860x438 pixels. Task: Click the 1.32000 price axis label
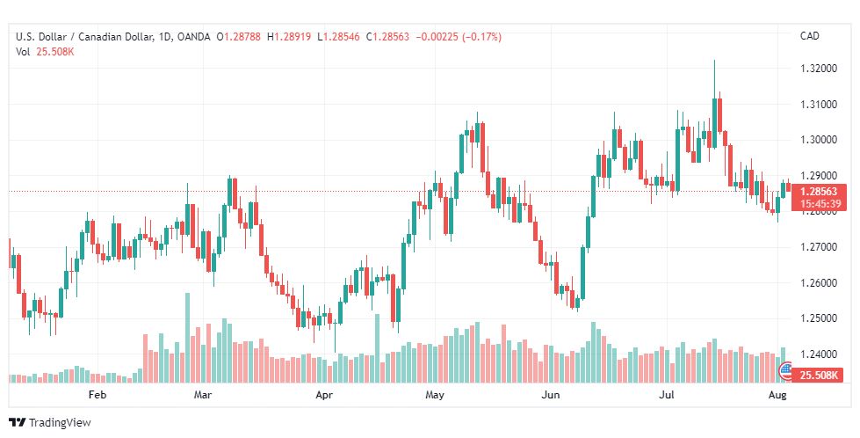819,68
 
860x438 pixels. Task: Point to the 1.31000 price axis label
819,104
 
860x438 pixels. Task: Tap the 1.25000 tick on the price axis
819,318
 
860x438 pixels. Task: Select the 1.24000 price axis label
819,354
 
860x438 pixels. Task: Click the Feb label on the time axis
98,395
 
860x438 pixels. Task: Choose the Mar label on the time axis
203,395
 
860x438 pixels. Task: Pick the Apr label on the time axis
324,395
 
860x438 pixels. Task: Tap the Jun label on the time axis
551,395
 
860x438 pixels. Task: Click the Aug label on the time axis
777,395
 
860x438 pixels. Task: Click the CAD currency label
810,36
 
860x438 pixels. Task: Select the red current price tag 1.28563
819,192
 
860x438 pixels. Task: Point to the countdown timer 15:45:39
819,204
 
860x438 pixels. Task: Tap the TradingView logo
50,422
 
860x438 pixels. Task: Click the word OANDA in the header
193,37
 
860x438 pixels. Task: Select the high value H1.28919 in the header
289,37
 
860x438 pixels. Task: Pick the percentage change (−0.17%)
482,37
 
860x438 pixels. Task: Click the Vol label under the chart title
23,52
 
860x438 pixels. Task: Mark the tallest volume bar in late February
188,338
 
